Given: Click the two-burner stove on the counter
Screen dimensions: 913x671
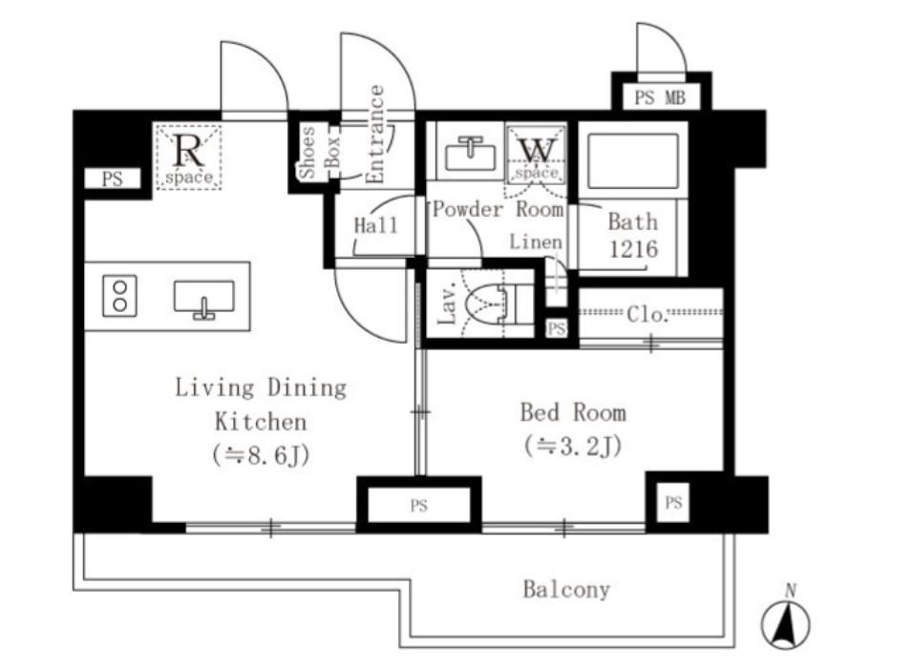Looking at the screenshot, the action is [x=120, y=296].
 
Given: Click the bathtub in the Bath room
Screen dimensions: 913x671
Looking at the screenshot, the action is [x=633, y=160].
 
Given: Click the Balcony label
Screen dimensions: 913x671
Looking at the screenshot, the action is [x=566, y=589].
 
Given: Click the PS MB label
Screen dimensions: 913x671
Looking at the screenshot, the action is [x=660, y=97].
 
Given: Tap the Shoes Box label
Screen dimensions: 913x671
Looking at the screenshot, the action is [x=319, y=153].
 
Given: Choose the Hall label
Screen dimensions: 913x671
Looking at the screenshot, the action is [x=375, y=225].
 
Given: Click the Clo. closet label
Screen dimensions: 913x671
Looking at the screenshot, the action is [x=647, y=315].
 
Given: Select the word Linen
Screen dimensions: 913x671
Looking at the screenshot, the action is [x=536, y=242].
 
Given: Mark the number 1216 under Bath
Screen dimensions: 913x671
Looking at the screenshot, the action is [x=633, y=249].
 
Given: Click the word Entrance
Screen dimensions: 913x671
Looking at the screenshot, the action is [x=376, y=134].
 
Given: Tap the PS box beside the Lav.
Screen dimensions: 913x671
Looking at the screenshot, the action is [x=557, y=328].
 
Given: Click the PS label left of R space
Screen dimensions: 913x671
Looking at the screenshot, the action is [x=113, y=178].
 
